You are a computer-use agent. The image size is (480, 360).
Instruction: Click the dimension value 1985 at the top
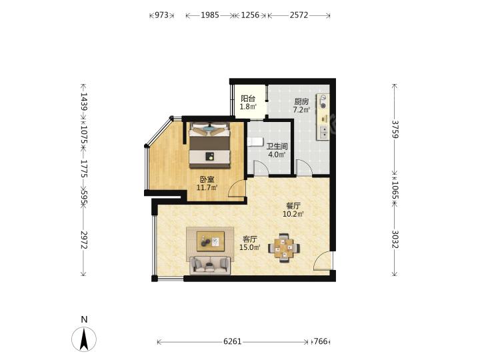pyautogui.click(x=210, y=15)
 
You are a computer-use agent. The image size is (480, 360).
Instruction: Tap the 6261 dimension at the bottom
pyautogui.click(x=233, y=341)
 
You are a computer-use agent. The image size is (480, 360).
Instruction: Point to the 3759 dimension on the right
pyautogui.click(x=395, y=129)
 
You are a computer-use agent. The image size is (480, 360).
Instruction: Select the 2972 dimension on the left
pyautogui.click(x=83, y=240)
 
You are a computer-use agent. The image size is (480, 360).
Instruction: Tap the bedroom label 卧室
pyautogui.click(x=207, y=179)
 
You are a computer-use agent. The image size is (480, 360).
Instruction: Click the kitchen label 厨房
pyautogui.click(x=301, y=101)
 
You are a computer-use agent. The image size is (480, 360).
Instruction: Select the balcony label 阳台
pyautogui.click(x=247, y=99)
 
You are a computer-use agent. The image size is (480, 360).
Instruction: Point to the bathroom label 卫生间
pyautogui.click(x=277, y=147)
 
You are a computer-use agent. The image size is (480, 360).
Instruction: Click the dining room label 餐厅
pyautogui.click(x=293, y=206)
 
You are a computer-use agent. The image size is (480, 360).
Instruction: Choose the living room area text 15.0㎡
pyautogui.click(x=250, y=247)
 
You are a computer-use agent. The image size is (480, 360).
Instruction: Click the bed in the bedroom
pyautogui.click(x=209, y=145)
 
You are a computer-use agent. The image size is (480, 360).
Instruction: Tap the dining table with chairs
pyautogui.click(x=284, y=248)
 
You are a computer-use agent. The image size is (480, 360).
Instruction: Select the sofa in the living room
pyautogui.click(x=210, y=265)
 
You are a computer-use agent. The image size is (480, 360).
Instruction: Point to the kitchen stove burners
pyautogui.click(x=323, y=102)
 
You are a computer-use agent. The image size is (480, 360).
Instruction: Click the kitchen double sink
pyautogui.click(x=323, y=133)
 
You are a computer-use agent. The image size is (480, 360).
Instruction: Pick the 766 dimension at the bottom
pyautogui.click(x=321, y=341)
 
